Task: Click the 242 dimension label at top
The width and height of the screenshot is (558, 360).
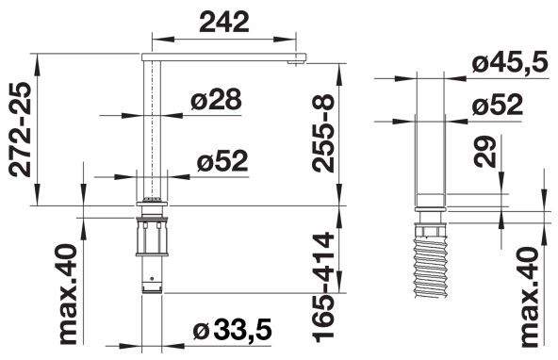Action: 224,22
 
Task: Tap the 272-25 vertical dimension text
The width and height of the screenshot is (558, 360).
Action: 20,129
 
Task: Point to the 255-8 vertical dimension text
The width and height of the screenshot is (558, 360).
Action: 323,134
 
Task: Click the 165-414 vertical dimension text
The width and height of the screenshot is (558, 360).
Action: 323,287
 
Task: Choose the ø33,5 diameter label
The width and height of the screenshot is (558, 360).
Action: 233,330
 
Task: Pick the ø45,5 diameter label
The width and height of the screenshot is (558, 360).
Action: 510,62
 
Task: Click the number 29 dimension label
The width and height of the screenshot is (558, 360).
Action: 485,152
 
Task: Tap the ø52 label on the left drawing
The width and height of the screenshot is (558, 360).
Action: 222,160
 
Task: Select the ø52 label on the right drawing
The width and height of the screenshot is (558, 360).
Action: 497,105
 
